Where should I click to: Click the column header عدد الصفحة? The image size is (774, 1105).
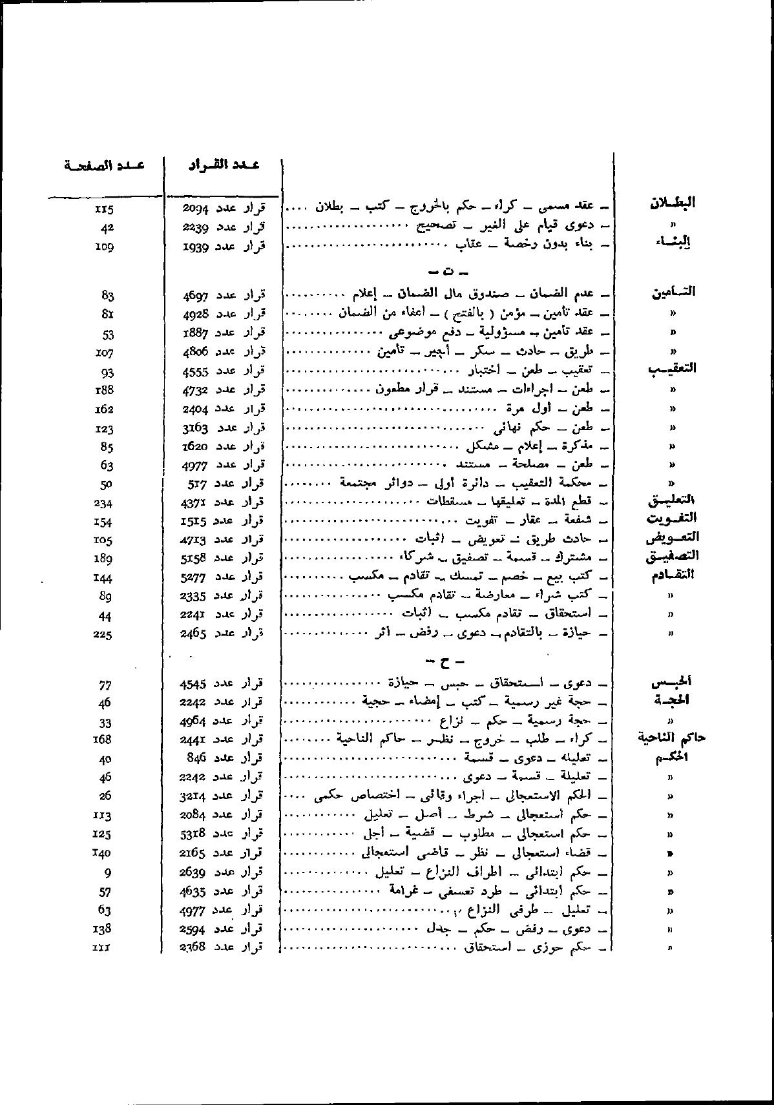(x=104, y=165)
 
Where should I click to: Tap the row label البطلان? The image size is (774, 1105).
(x=672, y=202)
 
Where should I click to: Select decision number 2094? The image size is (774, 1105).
(x=194, y=208)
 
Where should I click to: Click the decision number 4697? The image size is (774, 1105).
(x=194, y=296)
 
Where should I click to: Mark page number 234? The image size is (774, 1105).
(x=103, y=502)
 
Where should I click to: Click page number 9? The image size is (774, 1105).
(x=107, y=873)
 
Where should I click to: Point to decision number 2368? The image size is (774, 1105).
(x=193, y=947)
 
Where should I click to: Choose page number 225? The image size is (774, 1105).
(x=103, y=634)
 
